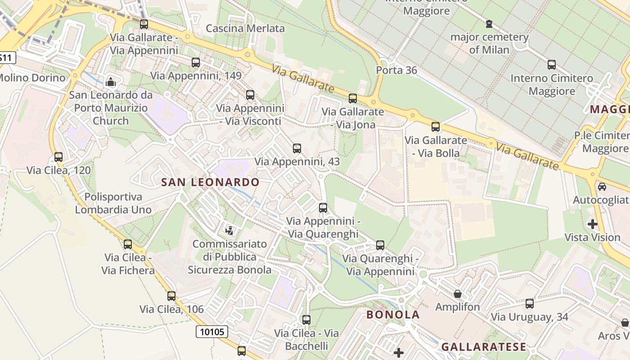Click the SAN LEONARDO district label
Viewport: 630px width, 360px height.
coord(210,182)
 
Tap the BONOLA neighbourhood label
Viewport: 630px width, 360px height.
coord(393,315)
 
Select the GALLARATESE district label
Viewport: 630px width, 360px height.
coord(483,346)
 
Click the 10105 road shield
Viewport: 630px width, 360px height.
coord(211,332)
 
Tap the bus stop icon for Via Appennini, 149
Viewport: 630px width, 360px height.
coord(196,63)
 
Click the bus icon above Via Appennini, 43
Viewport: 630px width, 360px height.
coord(297,148)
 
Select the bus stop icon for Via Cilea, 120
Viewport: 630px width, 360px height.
coord(58,157)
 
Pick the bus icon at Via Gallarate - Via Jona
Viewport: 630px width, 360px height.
coord(353,98)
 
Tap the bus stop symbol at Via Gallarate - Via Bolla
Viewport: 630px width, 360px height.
coord(435,127)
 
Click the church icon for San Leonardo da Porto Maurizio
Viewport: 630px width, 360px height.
coord(110,82)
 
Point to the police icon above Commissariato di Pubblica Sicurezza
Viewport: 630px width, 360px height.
coord(229,231)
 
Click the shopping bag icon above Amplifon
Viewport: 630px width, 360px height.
coord(458,294)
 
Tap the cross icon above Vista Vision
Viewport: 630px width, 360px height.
coord(592,224)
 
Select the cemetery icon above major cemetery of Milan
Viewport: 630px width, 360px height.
coord(489,23)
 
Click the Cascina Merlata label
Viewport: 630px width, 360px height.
coord(245,28)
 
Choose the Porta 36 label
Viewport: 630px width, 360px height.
coord(396,70)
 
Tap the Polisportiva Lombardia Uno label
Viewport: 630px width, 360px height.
coord(113,203)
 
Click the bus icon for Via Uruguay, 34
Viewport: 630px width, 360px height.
coord(530,304)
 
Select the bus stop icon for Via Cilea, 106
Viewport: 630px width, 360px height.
coord(171,296)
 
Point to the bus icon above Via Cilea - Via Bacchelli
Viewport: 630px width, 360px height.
coord(306,320)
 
